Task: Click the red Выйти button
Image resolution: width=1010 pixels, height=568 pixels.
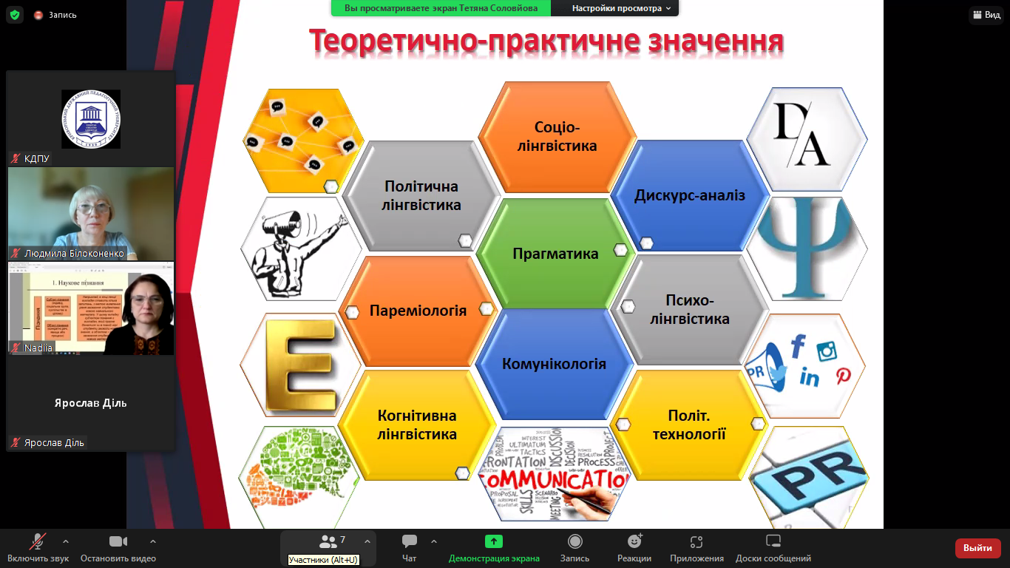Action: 977,548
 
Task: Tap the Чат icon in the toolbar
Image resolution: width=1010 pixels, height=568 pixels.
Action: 410,542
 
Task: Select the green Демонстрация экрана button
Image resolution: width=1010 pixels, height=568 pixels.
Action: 494,542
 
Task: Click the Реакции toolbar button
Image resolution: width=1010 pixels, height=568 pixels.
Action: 634,542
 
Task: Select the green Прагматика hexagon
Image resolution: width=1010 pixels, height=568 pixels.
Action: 555,254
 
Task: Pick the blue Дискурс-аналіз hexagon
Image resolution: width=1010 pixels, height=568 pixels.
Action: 689,196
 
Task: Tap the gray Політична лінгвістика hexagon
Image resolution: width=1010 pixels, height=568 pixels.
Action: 421,196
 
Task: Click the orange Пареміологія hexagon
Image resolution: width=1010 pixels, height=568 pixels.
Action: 418,311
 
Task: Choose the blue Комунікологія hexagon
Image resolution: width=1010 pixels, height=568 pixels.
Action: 554,364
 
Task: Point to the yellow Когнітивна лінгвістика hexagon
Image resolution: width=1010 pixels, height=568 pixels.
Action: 417,425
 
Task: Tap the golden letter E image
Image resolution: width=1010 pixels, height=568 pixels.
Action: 301,365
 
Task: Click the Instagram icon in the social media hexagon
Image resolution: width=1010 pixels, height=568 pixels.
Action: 826,351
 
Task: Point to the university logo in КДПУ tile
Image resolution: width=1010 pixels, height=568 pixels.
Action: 91,118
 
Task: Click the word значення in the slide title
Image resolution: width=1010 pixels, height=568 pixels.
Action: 715,41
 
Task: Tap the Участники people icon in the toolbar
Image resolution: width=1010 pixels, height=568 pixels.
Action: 328,542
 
